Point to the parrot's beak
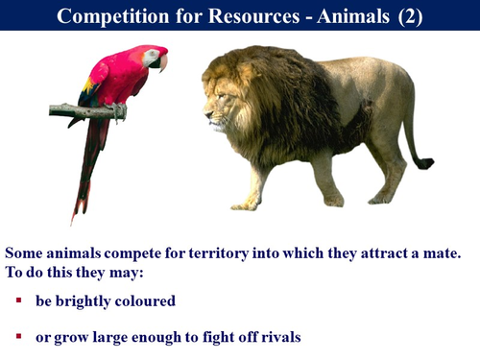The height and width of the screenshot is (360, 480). [x=162, y=62]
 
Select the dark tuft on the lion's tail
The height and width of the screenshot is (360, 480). [x=422, y=163]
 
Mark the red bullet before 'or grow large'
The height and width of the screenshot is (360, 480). [x=18, y=337]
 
